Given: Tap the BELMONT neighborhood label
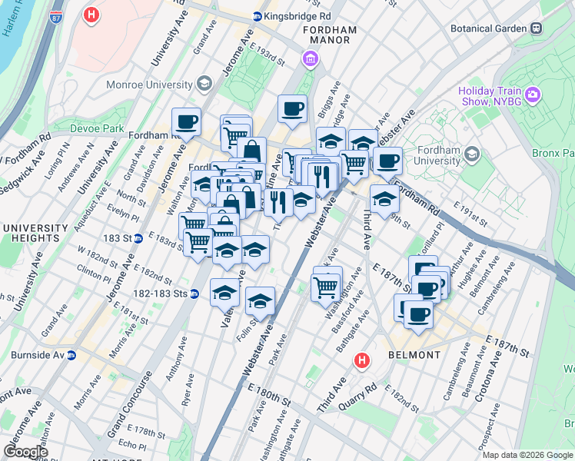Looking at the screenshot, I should pos(414,355).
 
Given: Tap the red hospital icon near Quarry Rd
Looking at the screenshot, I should pos(361,360).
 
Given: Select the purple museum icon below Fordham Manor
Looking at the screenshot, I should pos(310,58).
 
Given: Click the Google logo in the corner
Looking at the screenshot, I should pos(25,451).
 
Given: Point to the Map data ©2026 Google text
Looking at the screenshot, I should pos(527,455).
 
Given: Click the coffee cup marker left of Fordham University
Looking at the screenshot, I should pos(389,161).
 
